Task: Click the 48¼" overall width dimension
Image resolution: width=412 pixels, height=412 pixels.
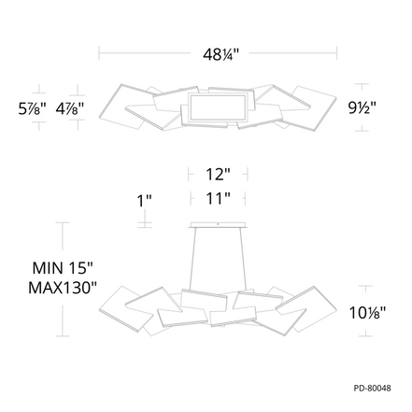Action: (x=220, y=55)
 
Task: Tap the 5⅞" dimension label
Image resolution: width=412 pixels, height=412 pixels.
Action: (x=33, y=108)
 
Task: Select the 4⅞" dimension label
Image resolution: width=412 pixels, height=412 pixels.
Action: (x=70, y=108)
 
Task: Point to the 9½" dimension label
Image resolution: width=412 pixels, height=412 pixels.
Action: (x=362, y=108)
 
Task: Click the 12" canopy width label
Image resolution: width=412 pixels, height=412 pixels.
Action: (x=219, y=175)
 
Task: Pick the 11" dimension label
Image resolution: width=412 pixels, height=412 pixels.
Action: (x=219, y=198)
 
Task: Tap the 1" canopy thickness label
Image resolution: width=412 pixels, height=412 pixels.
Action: (x=145, y=201)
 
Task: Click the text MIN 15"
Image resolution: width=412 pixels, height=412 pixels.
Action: (x=63, y=268)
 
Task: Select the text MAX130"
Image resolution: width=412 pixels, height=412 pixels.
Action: (x=63, y=288)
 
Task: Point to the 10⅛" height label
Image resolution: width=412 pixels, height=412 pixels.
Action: (x=367, y=313)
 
